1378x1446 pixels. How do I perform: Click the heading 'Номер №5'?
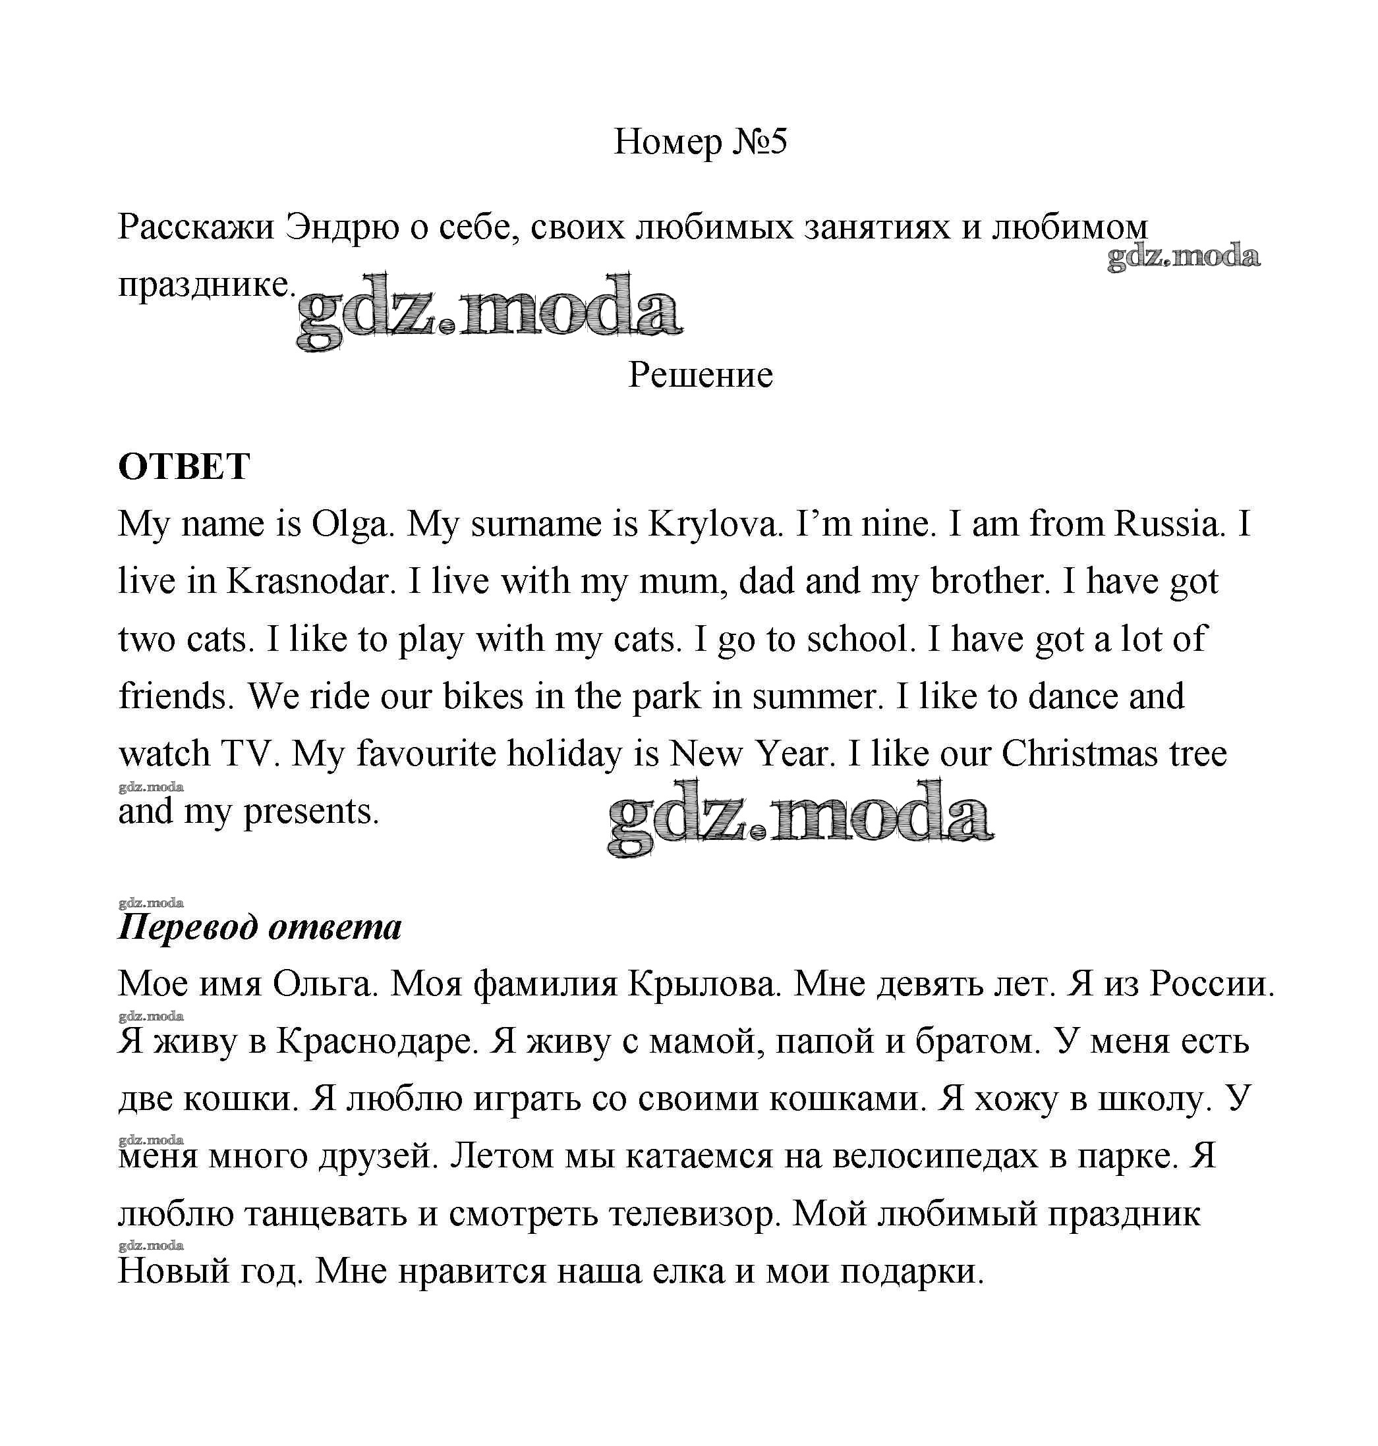click(x=699, y=141)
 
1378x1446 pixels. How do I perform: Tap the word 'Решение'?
click(x=700, y=375)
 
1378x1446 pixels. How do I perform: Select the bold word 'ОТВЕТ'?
click(x=184, y=466)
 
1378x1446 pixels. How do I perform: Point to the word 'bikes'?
click(x=482, y=696)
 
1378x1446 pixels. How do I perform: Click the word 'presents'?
click(x=310, y=812)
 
